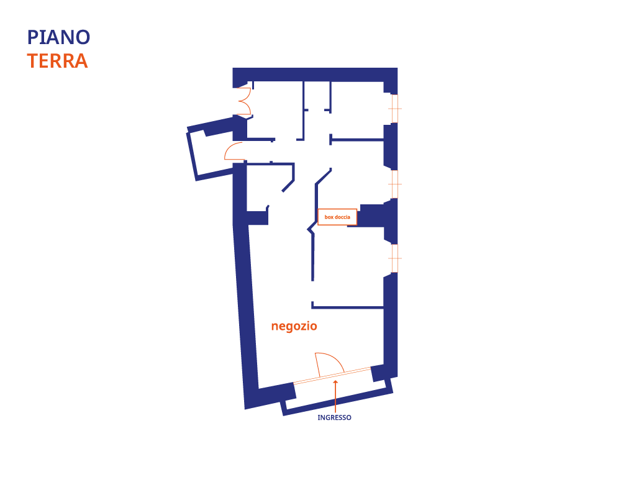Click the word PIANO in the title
click(58, 37)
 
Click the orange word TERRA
click(57, 61)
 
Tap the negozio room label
click(294, 326)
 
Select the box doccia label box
click(337, 217)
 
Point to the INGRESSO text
click(334, 418)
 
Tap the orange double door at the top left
click(243, 101)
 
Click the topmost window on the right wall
click(394, 109)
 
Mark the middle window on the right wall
click(394, 184)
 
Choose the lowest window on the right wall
click(394, 258)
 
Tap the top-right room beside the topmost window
click(357, 109)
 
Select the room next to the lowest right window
click(348, 267)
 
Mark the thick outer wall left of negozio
click(245, 311)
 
